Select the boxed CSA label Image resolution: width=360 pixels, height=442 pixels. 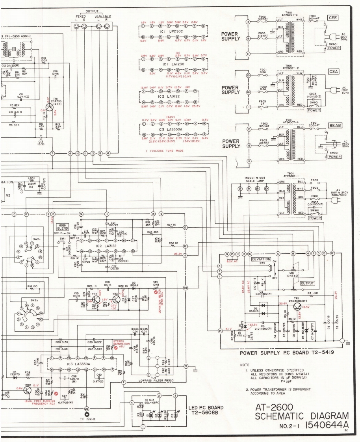332,72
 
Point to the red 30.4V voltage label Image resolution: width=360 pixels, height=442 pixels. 282,304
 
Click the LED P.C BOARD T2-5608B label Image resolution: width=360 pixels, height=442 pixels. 203,410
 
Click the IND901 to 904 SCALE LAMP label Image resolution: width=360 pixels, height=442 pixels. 251,179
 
